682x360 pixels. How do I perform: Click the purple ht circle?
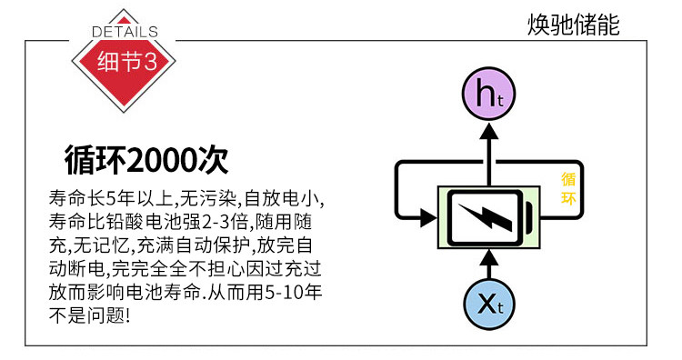pos(488,94)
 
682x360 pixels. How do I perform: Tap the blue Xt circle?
pos(489,303)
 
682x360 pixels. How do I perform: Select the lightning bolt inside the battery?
pos(486,216)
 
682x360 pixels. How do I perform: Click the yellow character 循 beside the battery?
pos(568,179)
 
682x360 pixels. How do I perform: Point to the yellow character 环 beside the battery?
pos(568,198)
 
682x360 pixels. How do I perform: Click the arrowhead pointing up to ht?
pos(489,131)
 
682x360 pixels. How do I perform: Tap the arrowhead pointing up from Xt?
pos(489,258)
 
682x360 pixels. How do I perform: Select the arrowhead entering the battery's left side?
pos(428,217)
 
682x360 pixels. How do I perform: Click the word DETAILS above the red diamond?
pos(125,31)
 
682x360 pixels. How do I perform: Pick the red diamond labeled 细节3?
pos(124,61)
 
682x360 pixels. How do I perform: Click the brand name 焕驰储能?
pos(573,25)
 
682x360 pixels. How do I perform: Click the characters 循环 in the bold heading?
pos(95,160)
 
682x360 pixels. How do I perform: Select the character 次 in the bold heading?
pos(213,160)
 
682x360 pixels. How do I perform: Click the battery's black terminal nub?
pos(528,216)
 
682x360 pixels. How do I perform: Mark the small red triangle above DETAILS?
pos(124,20)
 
